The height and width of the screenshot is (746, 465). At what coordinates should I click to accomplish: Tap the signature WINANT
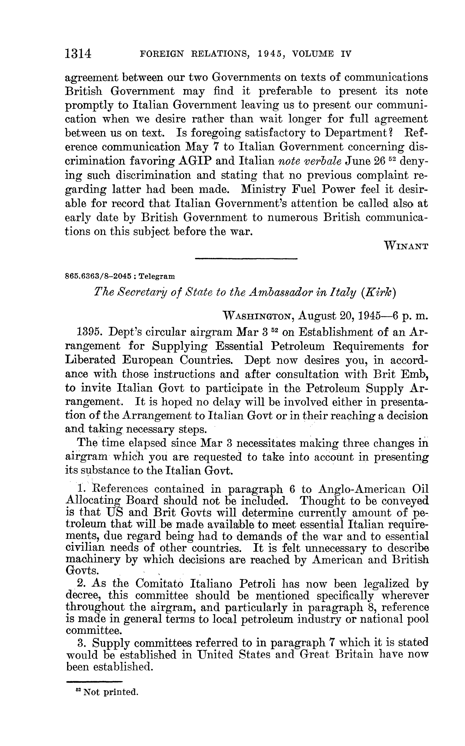pos(406,246)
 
